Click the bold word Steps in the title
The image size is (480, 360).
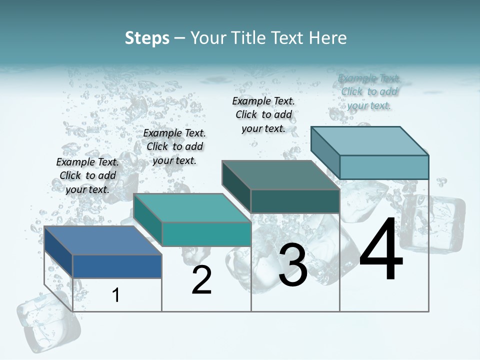(147, 38)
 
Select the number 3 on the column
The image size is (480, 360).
(293, 265)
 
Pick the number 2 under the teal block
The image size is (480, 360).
(201, 280)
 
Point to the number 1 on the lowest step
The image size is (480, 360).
(116, 295)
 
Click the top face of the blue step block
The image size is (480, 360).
(103, 240)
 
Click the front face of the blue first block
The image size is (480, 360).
(117, 266)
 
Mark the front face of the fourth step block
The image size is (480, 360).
(384, 167)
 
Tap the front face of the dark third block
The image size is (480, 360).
(295, 201)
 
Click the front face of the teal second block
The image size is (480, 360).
(206, 234)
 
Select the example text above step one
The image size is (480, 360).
(87, 175)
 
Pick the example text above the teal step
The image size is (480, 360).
(174, 146)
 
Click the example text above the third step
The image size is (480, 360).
(263, 114)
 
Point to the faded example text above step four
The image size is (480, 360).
(369, 91)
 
